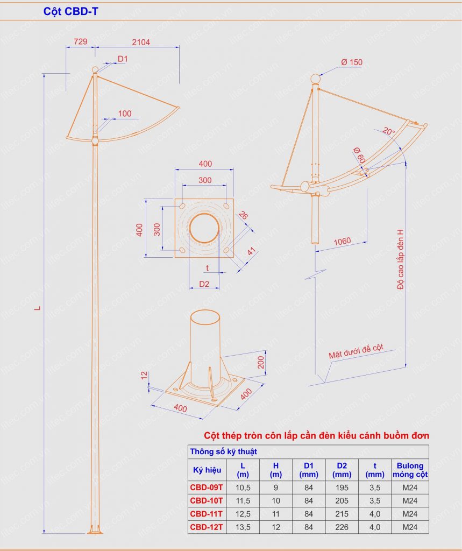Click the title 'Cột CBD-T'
tap(70, 12)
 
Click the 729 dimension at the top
tap(81, 41)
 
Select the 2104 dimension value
tap(141, 42)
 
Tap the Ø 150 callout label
tap(352, 62)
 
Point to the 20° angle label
tap(388, 131)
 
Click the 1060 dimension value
tap(342, 242)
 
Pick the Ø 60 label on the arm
tap(359, 155)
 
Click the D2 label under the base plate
tap(204, 284)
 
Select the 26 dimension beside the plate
tap(243, 215)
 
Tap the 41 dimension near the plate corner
tap(251, 252)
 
